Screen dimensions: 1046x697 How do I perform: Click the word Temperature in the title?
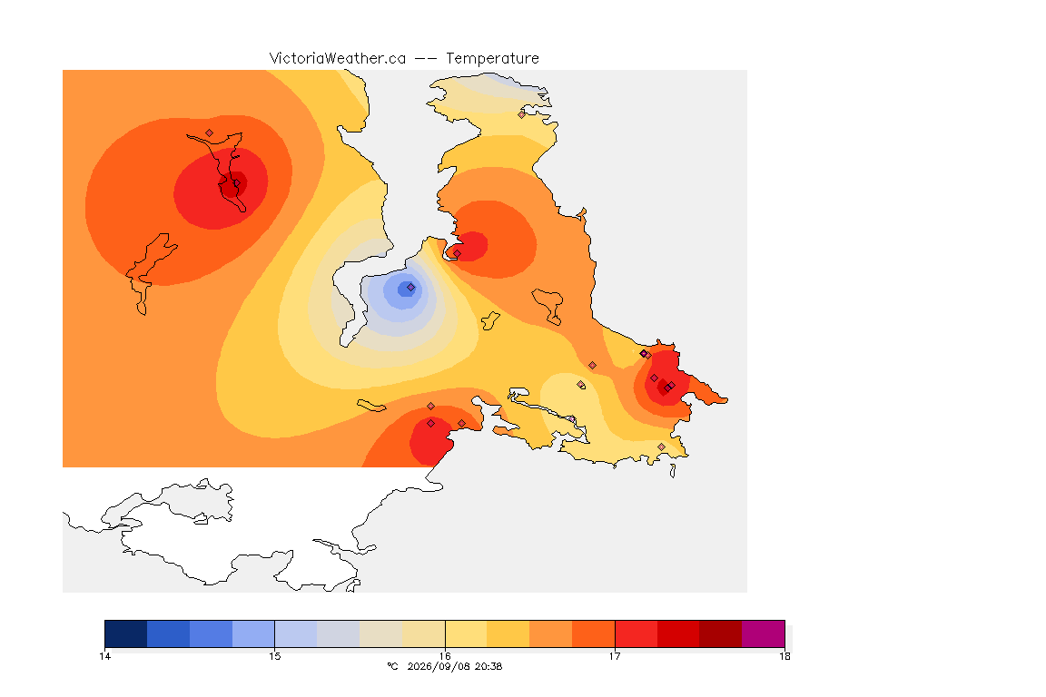coord(492,59)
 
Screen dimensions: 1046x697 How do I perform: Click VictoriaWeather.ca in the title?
coord(338,59)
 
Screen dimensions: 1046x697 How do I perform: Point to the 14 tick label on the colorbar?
coord(104,656)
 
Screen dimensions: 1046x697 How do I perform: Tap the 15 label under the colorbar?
coord(275,656)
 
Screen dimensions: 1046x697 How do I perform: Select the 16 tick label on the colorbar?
coord(445,656)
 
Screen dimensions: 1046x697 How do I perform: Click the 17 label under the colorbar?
coord(615,656)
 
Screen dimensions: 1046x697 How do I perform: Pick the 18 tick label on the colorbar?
coord(784,656)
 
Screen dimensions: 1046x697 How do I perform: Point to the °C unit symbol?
coord(392,666)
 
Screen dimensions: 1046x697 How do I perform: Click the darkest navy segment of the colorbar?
coord(126,633)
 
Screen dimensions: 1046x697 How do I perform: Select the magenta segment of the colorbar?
coord(763,633)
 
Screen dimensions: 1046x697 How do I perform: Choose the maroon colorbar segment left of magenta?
coord(720,633)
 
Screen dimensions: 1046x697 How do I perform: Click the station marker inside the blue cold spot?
coord(411,288)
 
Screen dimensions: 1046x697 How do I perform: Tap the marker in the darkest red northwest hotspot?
coord(236,183)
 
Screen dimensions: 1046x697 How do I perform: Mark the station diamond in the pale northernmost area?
coord(522,114)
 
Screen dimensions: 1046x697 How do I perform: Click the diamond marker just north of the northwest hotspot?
coord(210,133)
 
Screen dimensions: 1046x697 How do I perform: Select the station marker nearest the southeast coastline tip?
coord(661,447)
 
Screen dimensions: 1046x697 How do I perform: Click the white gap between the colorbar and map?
coord(427,606)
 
